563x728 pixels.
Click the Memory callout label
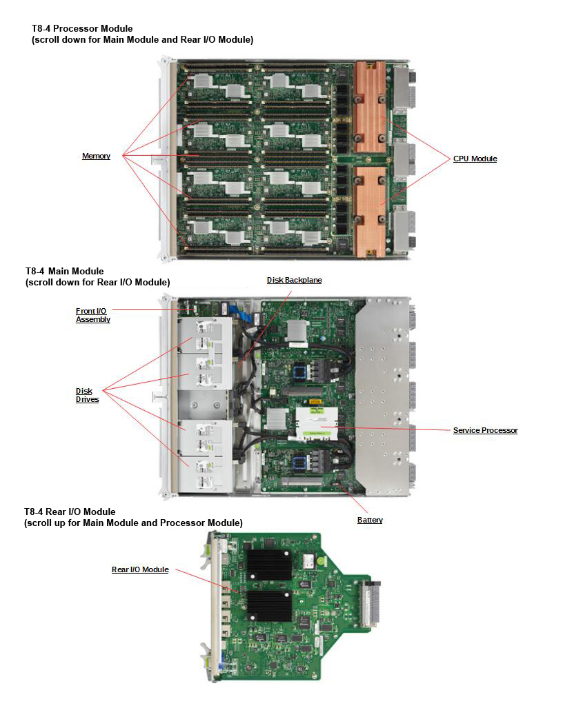click(x=96, y=156)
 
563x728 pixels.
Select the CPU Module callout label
click(x=475, y=159)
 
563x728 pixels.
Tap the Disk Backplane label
click(x=294, y=281)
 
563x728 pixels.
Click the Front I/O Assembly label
click(x=92, y=315)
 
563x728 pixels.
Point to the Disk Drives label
click(x=87, y=395)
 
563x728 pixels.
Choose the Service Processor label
click(x=485, y=431)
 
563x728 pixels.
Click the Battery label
click(x=370, y=520)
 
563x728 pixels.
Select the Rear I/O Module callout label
click(x=140, y=570)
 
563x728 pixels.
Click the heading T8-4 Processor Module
click(x=82, y=29)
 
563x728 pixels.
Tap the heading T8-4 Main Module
click(x=64, y=272)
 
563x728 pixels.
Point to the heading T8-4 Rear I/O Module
click(x=70, y=512)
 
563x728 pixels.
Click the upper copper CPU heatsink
click(x=369, y=107)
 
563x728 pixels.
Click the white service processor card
click(x=317, y=421)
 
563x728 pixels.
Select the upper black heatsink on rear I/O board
click(x=270, y=565)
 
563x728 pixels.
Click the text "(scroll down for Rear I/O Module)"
click(x=97, y=283)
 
